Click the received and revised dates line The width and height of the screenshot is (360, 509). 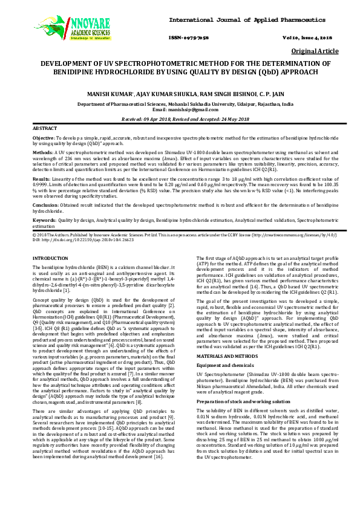click(x=180, y=119)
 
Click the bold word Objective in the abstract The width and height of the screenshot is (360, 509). click(x=43, y=139)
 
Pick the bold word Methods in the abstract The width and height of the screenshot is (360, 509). click(x=42, y=154)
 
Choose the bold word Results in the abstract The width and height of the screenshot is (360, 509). click(x=41, y=179)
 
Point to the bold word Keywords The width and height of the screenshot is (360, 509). click(x=44, y=219)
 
